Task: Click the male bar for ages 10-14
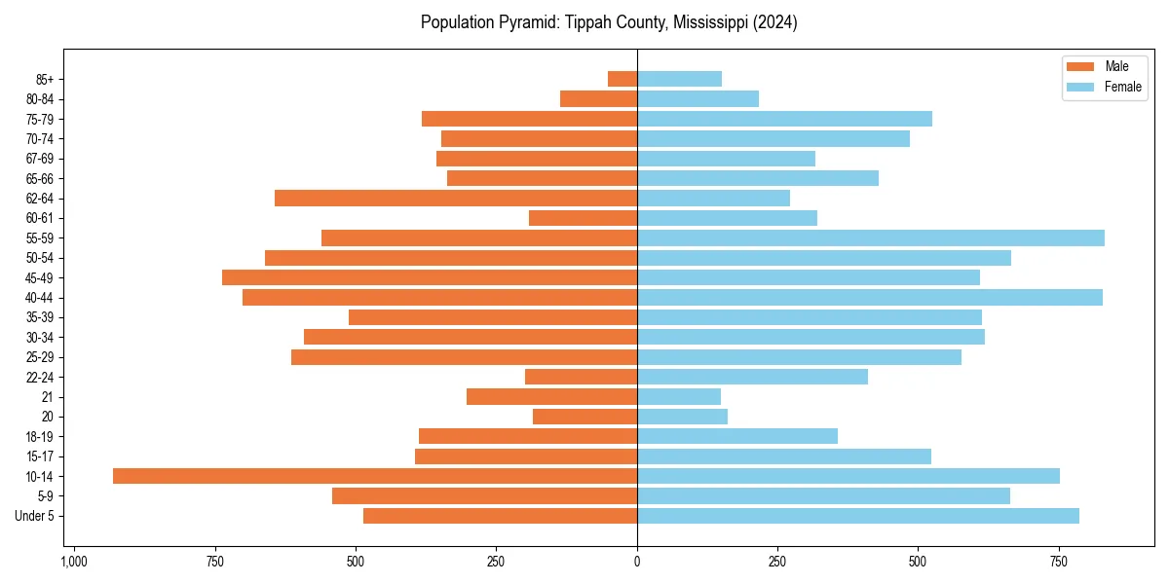(x=375, y=476)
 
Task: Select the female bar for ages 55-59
(x=870, y=237)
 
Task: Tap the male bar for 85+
(x=622, y=79)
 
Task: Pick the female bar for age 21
(x=679, y=396)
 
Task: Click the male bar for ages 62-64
(x=456, y=198)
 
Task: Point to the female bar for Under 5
(x=857, y=516)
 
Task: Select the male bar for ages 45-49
(x=430, y=277)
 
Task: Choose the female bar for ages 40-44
(x=869, y=297)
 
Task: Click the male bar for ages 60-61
(x=583, y=218)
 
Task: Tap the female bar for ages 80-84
(x=698, y=98)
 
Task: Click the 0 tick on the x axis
(x=637, y=562)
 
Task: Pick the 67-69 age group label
(x=40, y=159)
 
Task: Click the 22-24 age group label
(x=40, y=377)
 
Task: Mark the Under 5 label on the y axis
(x=35, y=516)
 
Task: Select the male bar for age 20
(x=584, y=417)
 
